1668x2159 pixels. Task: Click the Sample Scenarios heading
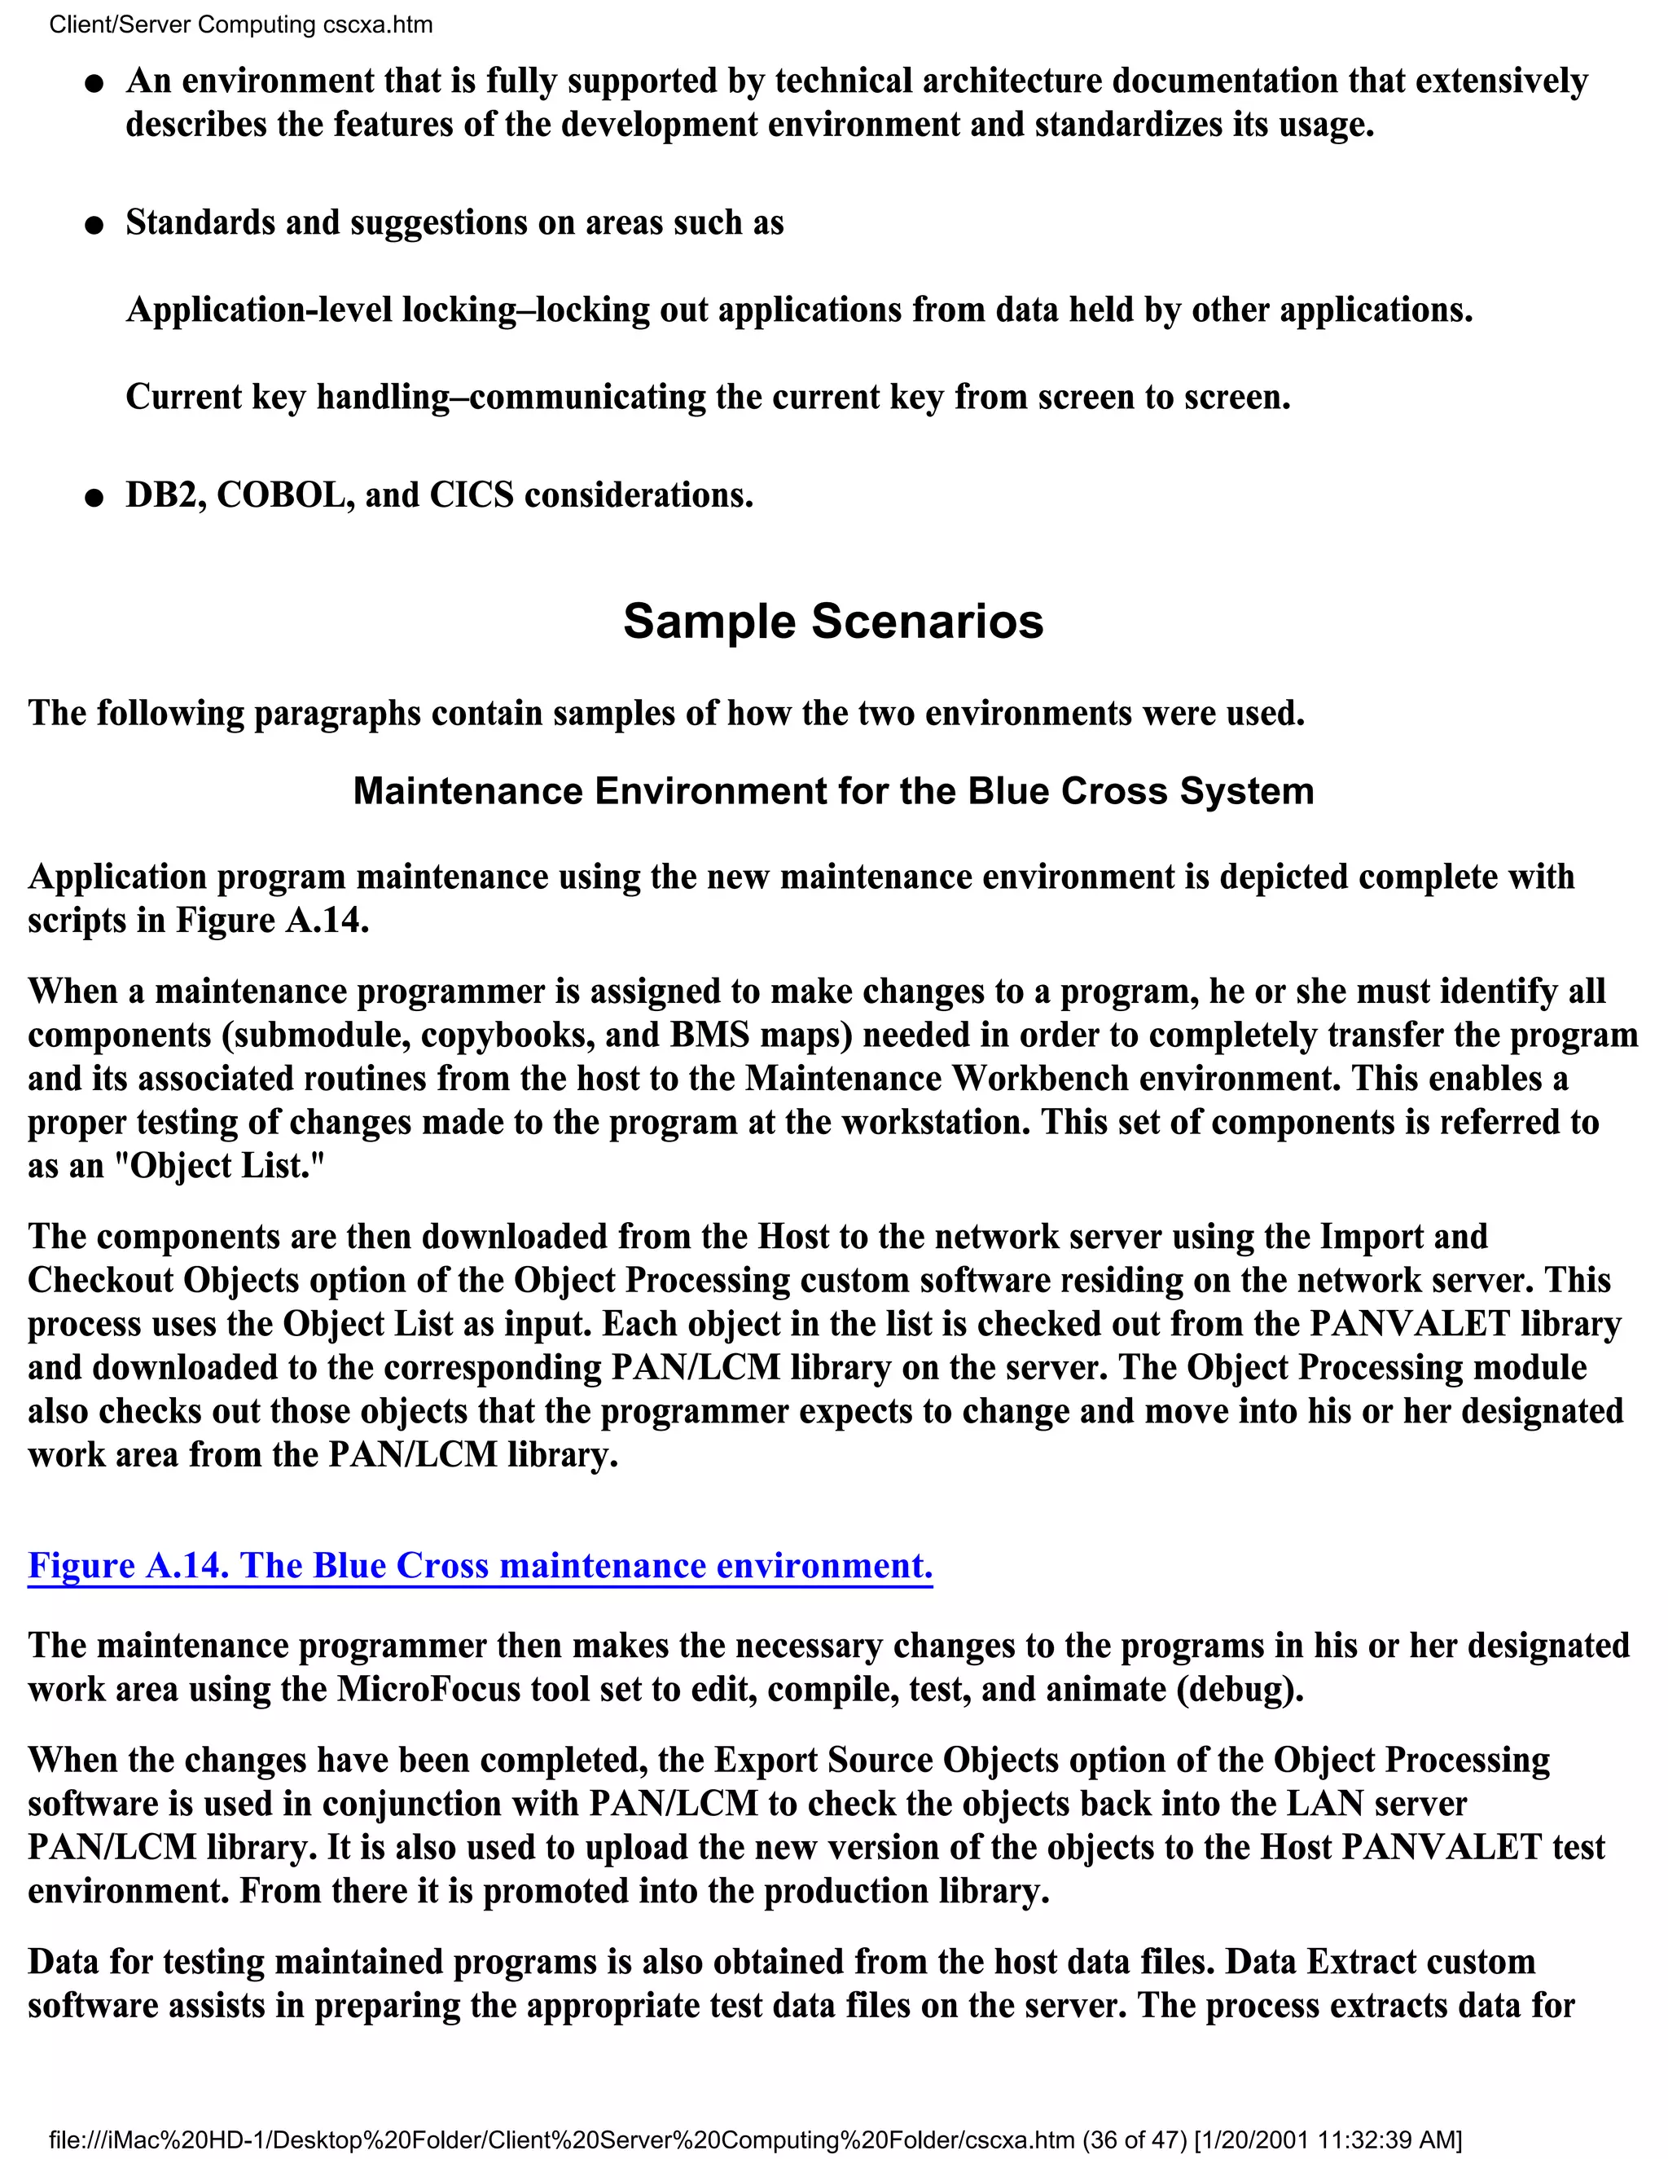coord(833,622)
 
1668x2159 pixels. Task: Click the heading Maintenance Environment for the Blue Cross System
coord(833,791)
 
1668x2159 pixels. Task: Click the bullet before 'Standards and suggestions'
coord(94,226)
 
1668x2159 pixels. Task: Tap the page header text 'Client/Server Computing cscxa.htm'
coord(240,24)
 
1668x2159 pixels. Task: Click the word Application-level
coord(260,310)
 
